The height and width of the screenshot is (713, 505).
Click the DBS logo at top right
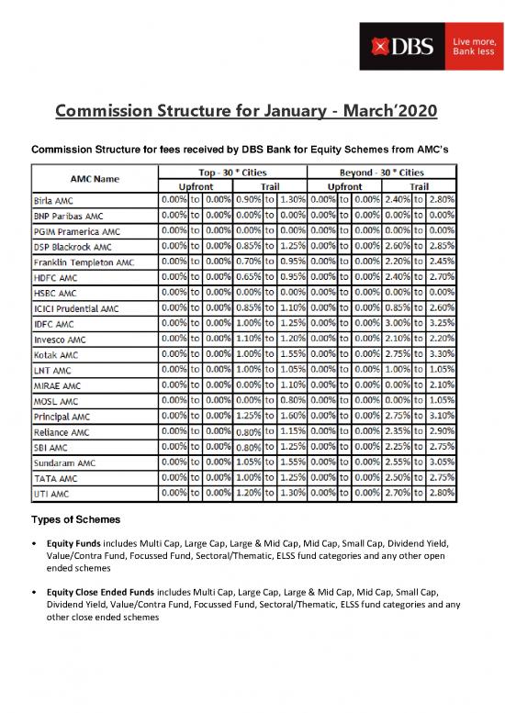click(x=392, y=47)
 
